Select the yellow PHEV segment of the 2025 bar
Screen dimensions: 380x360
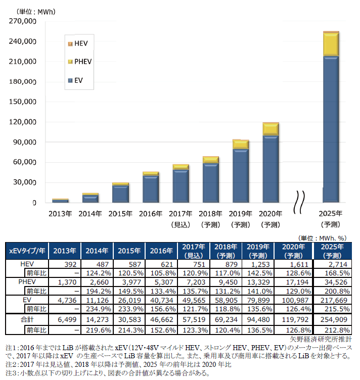coord(331,44)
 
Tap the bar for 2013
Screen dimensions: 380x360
coord(60,201)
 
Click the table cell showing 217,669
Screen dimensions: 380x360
coord(331,299)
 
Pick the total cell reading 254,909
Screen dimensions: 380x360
coord(331,319)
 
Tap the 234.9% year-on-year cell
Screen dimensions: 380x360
coord(98,308)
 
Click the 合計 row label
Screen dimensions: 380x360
coord(27,319)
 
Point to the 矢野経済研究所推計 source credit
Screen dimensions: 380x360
coord(321,338)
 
